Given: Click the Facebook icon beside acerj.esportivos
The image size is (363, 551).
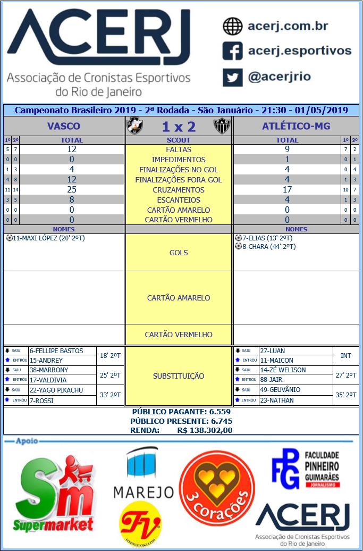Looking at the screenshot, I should (232, 52).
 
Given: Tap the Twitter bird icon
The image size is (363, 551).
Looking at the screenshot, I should (232, 77).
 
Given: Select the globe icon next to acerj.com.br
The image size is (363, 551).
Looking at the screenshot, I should (232, 26).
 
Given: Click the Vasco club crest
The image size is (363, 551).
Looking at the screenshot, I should (134, 126).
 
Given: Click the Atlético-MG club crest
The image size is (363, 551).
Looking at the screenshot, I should (222, 126).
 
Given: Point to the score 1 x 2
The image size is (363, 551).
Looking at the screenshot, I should (179, 127).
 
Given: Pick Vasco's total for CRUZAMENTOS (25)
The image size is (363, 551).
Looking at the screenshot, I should (72, 190).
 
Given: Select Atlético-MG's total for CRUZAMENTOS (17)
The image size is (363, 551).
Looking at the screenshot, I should (287, 190).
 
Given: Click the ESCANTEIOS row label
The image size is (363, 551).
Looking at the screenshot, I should (179, 200).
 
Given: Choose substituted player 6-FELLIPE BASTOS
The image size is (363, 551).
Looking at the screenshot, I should (56, 351).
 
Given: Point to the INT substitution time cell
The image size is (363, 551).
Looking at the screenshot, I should (345, 355).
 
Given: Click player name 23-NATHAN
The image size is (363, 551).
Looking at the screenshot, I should (276, 400).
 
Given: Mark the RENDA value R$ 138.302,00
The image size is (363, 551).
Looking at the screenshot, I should (205, 430).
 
